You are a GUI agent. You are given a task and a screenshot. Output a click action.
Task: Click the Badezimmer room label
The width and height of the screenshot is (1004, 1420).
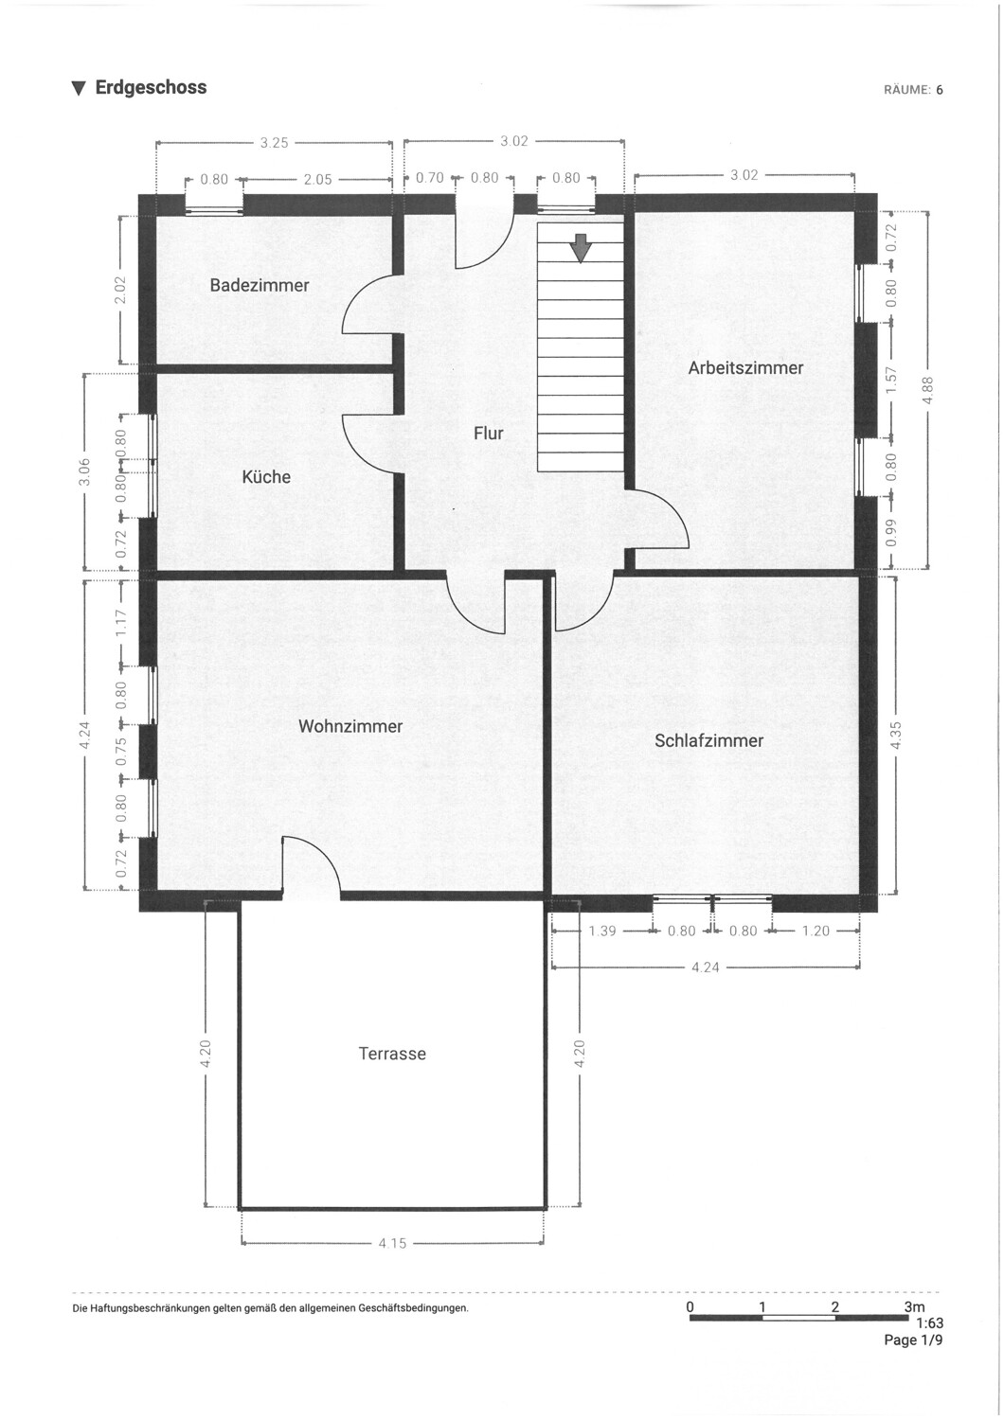260,285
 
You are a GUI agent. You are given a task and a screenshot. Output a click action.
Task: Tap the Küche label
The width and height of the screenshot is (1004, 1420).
266,477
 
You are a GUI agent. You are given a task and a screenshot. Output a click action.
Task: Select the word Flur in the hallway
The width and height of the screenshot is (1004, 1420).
489,434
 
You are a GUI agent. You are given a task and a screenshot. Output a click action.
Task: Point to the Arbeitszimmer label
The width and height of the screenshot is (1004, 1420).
745,368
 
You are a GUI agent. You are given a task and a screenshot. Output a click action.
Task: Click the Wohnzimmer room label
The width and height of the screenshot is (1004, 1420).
350,726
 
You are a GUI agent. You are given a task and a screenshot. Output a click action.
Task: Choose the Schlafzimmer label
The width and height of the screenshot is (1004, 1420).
708,740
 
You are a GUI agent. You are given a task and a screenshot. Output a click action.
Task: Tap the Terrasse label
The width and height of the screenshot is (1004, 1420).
392,1054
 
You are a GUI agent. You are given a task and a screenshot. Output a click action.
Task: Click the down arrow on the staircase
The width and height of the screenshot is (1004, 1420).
581,248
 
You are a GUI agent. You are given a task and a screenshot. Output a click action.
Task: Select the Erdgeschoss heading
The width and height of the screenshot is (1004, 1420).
151,88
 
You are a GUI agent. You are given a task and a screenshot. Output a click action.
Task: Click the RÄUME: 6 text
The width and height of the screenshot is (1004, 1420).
913,91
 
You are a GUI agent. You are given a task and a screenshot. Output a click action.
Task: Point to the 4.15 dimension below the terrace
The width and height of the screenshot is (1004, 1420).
392,1243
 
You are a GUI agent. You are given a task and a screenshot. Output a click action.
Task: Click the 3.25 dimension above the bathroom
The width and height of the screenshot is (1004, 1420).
274,143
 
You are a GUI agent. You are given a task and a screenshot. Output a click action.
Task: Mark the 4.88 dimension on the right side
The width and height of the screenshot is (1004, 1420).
928,390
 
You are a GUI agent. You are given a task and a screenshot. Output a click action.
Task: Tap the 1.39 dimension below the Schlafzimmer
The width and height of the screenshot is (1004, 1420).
602,931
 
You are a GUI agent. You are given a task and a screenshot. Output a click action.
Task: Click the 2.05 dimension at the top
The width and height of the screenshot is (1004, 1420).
317,179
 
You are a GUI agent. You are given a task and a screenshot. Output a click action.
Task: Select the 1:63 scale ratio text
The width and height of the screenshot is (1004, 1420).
929,1323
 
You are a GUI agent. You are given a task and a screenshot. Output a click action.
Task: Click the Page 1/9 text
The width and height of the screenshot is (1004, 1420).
913,1340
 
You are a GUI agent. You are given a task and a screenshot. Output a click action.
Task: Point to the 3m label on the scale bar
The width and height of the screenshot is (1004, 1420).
914,1307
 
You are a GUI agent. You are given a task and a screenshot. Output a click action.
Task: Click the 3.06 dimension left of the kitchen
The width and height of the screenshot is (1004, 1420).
84,470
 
